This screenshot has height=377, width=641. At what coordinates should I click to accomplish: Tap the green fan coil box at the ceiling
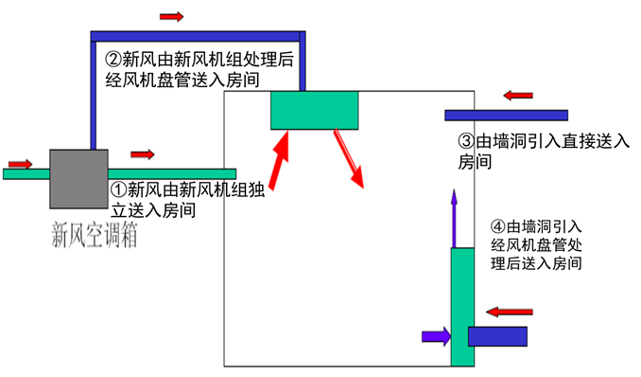315,111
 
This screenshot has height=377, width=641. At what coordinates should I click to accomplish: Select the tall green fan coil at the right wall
461,303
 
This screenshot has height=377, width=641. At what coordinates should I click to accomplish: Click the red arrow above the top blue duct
172,17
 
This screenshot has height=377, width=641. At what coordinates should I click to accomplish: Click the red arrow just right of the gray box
143,153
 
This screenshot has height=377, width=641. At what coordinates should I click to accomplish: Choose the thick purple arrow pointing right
435,334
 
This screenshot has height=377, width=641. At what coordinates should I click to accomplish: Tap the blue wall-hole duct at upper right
506,116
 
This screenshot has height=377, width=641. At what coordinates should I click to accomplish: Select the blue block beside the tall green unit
498,335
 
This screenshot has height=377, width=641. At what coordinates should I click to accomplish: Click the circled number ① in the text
119,188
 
